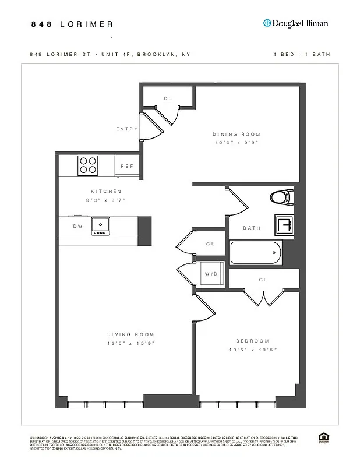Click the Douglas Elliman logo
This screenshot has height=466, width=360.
tap(295, 23)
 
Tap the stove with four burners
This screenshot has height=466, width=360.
tap(88, 165)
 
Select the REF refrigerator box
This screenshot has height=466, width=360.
tap(127, 166)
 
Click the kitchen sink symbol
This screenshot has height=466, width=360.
tap(100, 225)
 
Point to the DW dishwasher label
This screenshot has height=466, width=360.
tap(77, 226)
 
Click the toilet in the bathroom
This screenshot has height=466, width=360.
tap(281, 197)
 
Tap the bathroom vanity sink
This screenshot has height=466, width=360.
tap(284, 224)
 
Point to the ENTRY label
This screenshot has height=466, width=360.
tap(127, 129)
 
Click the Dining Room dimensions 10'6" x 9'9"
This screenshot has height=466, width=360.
tap(235, 142)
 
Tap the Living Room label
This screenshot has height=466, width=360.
tap(130, 334)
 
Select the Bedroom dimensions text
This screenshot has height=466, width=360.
tap(253, 349)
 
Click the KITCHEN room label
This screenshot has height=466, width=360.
tap(106, 191)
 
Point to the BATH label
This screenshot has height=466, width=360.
tap(252, 228)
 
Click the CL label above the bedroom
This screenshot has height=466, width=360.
tap(263, 280)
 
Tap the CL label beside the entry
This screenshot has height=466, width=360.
tap(168, 98)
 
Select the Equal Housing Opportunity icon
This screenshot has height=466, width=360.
tap(323, 437)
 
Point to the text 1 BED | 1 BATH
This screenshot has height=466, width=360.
tap(302, 54)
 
